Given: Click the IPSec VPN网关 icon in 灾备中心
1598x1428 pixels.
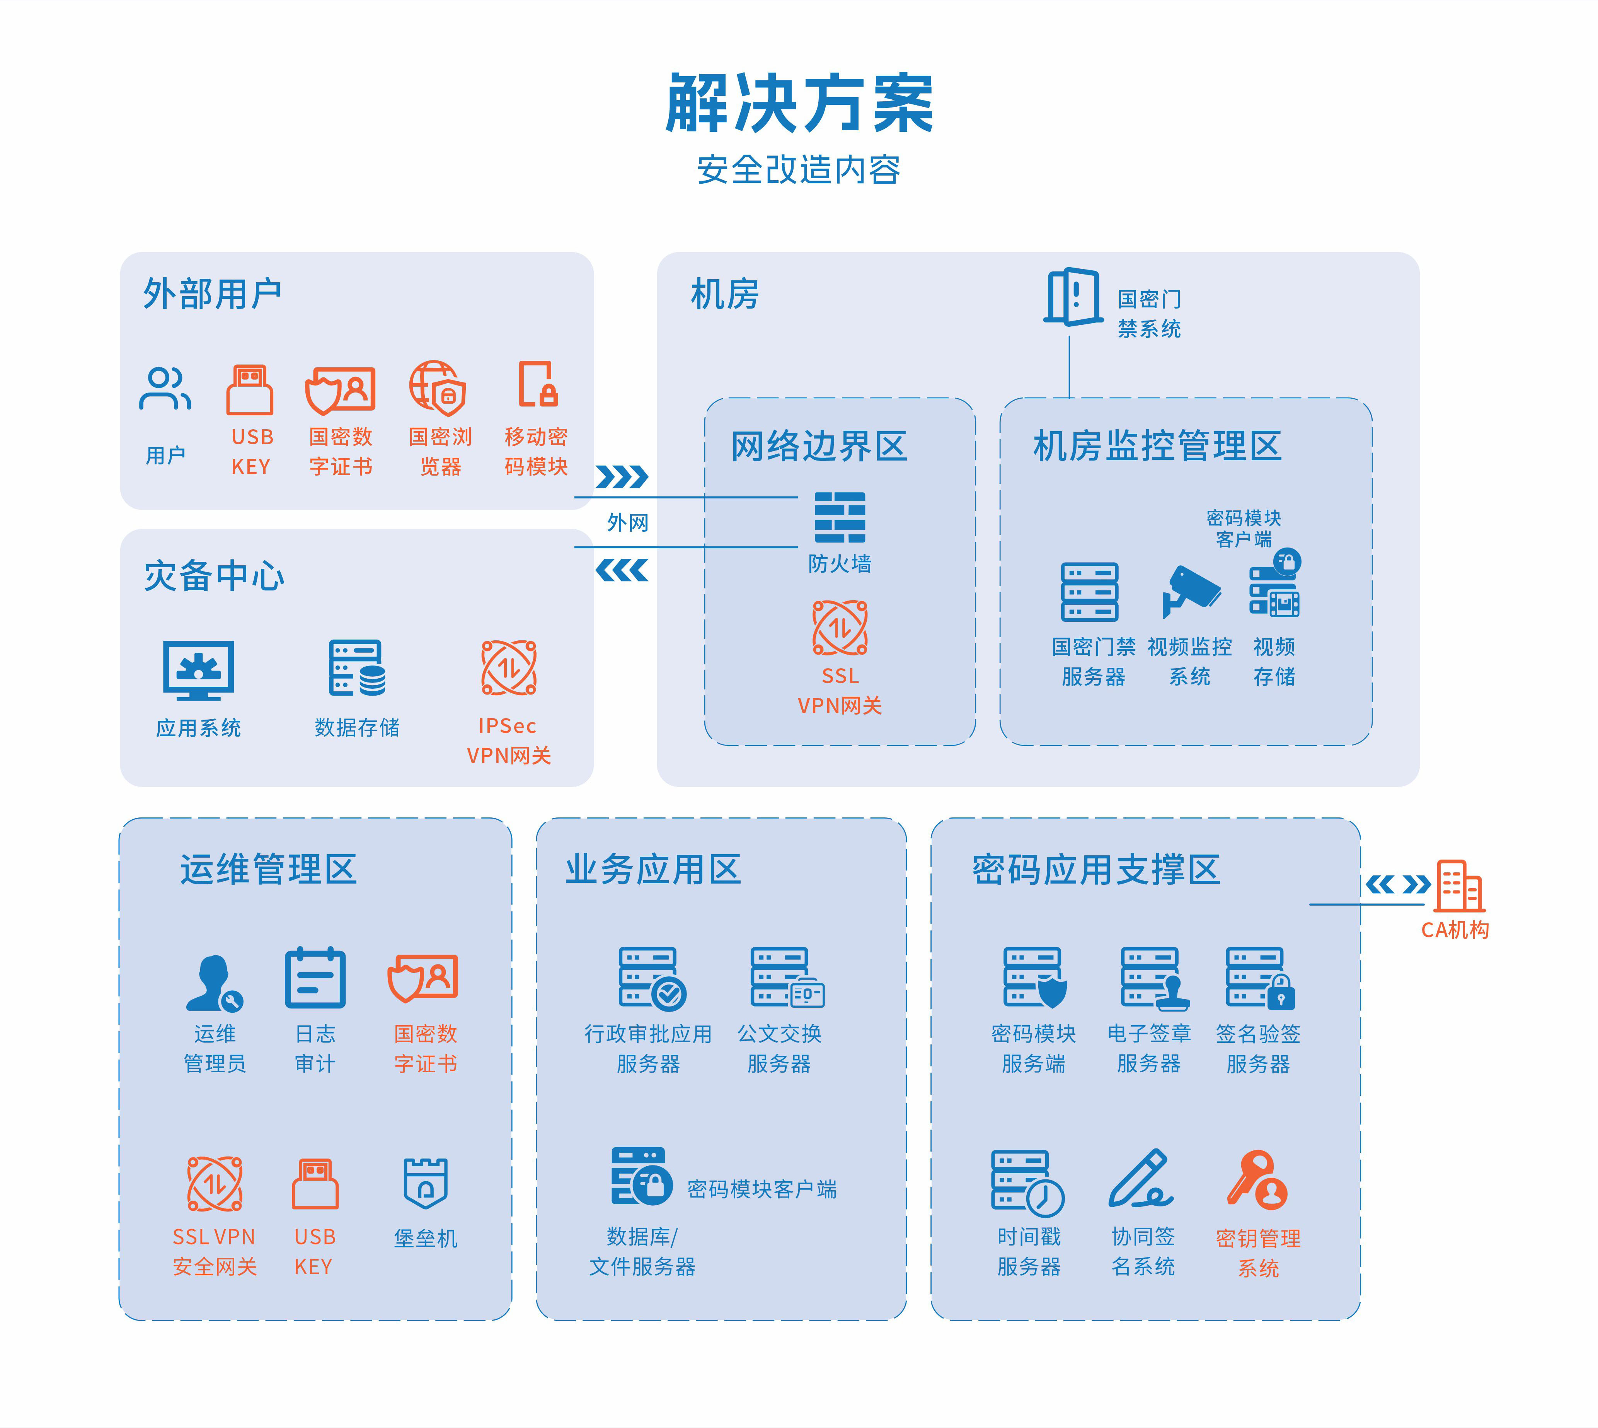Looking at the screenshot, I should (508, 668).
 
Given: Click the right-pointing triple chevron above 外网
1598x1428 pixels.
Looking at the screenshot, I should (622, 476).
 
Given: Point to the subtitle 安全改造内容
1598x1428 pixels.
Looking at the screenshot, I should (799, 169).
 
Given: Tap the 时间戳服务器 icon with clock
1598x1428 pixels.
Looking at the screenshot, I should (1027, 1181).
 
